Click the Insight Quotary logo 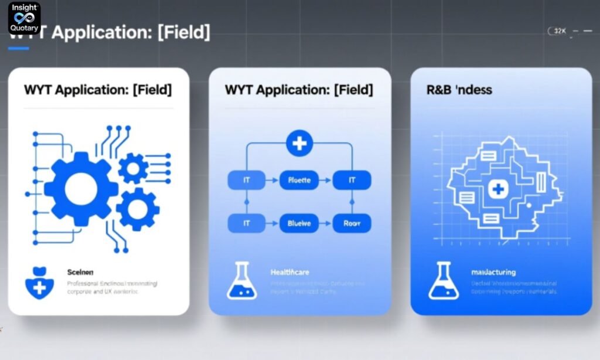coord(24,18)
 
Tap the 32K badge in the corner coord(560,31)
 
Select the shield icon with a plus coord(40,283)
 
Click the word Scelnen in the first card coord(80,273)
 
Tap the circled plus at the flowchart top coord(299,144)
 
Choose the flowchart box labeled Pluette coord(299,180)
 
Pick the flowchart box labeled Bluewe coord(299,223)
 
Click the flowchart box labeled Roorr coord(352,223)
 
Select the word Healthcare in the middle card coord(289,273)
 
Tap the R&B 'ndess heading coord(459,90)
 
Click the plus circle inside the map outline coord(497,188)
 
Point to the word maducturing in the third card coord(493,273)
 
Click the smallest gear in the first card coord(134,168)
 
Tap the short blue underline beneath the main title coord(18,49)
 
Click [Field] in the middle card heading coord(353,90)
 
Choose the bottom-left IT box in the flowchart coord(246,223)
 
